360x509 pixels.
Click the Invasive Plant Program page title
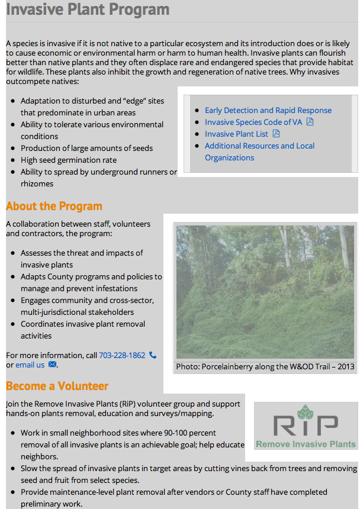[x=88, y=10]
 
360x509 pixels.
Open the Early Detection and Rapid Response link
[x=268, y=110]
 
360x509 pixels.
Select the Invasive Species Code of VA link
[x=253, y=122]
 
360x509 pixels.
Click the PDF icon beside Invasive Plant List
[x=276, y=134]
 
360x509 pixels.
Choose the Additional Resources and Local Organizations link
[x=259, y=146]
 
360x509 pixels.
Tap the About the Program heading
[x=54, y=206]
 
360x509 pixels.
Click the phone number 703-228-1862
[x=122, y=355]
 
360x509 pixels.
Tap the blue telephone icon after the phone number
[x=153, y=355]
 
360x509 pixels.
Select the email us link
[x=30, y=365]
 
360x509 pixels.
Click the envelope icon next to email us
[x=52, y=365]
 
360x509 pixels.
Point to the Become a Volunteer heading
[x=57, y=386]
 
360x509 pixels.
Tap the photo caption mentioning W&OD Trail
[x=265, y=366]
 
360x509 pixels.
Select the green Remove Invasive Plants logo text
[x=306, y=443]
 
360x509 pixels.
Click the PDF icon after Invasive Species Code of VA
[x=310, y=122]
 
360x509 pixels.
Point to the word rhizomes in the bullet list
[x=37, y=183]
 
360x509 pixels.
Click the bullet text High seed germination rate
[x=69, y=160]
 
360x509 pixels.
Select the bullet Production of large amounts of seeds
[x=86, y=148]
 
